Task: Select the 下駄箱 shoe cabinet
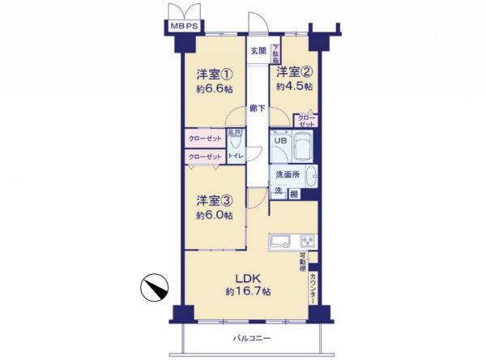coord(275,53)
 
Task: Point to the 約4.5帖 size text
coord(295,85)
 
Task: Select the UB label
coord(279,140)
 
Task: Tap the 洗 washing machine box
coord(277,191)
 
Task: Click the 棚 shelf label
coord(293,192)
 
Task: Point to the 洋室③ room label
coord(214,200)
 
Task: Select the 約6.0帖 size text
coord(214,216)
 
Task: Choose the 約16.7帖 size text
coord(248,291)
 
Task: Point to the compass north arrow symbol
coord(156,287)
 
